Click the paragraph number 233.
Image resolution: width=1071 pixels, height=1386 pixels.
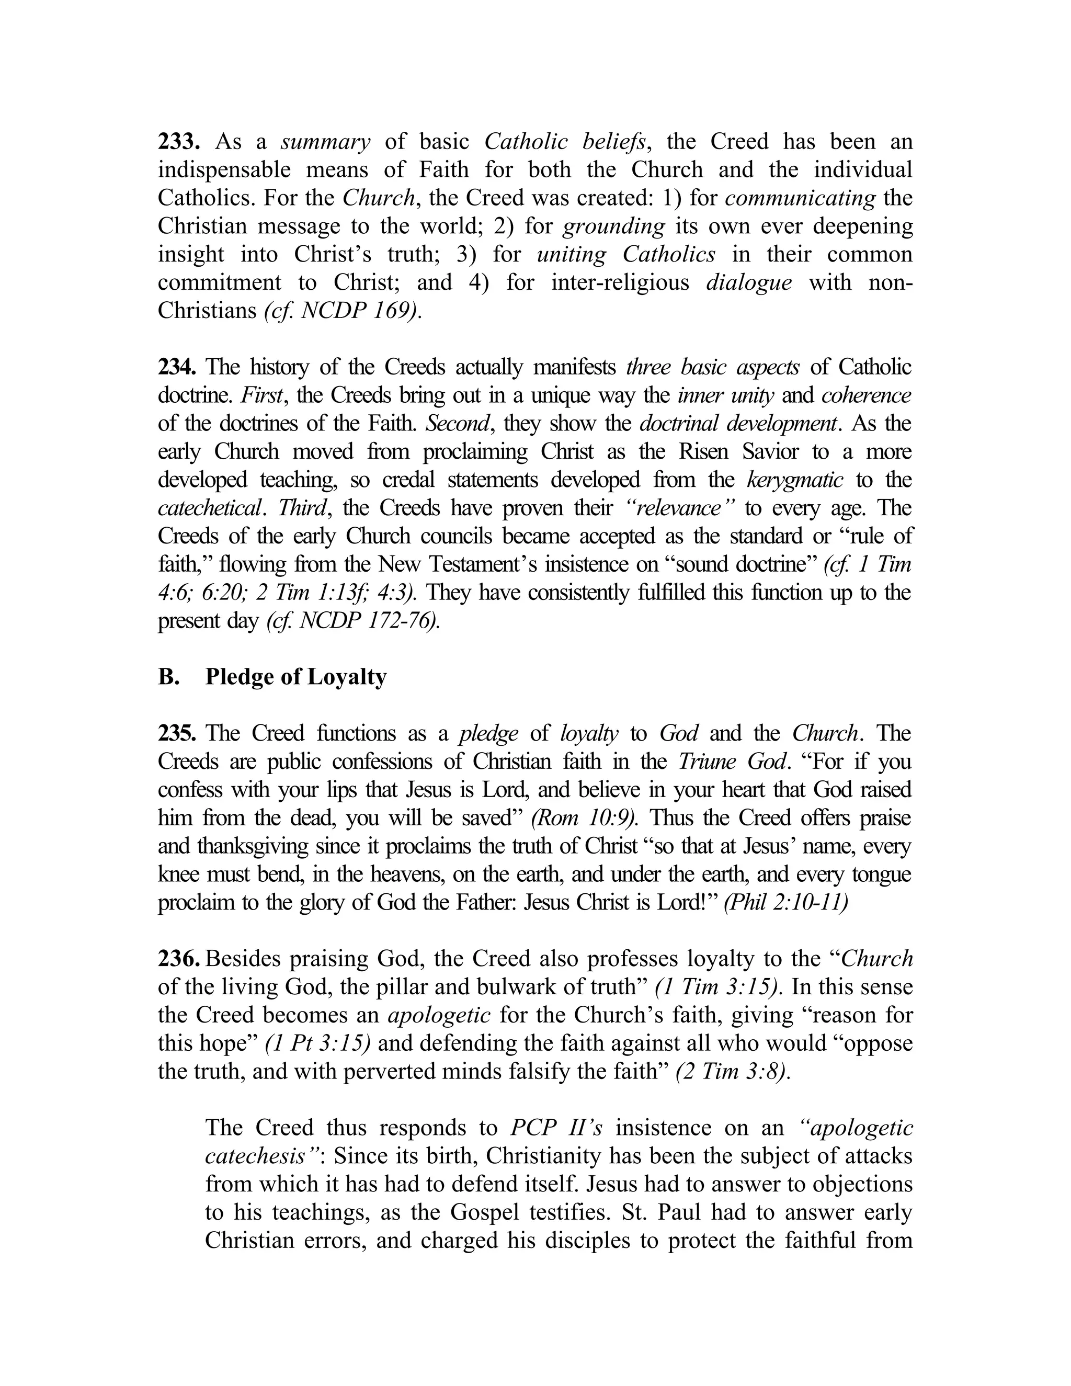[179, 142]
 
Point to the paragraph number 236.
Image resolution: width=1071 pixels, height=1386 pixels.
[178, 959]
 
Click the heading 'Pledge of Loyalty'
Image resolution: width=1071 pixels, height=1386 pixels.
[295, 677]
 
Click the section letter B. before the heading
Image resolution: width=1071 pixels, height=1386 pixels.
[168, 677]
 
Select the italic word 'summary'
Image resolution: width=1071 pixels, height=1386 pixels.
[325, 142]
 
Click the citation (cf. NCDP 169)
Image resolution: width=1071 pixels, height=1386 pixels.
[343, 311]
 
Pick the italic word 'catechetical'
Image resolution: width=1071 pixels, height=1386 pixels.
[209, 508]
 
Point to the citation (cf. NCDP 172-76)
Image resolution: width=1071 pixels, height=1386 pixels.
[353, 621]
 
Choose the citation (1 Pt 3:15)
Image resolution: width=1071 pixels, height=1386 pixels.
[318, 1043]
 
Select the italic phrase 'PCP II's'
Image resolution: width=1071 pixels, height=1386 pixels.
[556, 1128]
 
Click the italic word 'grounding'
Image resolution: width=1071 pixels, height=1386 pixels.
[613, 226]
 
